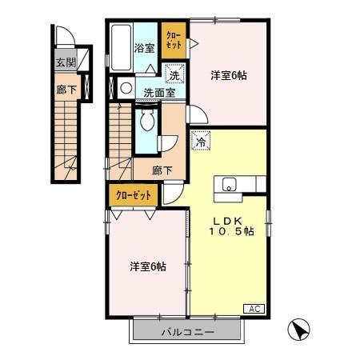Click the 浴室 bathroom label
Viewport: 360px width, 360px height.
[144, 46]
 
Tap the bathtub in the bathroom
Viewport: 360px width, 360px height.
[121, 48]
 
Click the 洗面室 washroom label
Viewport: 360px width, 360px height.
[158, 92]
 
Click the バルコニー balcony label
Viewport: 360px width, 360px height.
[186, 330]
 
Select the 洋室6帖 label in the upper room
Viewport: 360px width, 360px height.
[228, 75]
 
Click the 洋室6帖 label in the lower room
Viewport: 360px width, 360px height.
[148, 266]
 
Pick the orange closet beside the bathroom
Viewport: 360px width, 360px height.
[172, 41]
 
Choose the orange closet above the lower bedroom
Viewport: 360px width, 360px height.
[132, 195]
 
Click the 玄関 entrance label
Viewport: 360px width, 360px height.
[66, 62]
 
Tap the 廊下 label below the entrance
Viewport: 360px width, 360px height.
[66, 90]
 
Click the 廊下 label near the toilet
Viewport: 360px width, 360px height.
[162, 170]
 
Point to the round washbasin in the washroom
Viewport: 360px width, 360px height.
[126, 86]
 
